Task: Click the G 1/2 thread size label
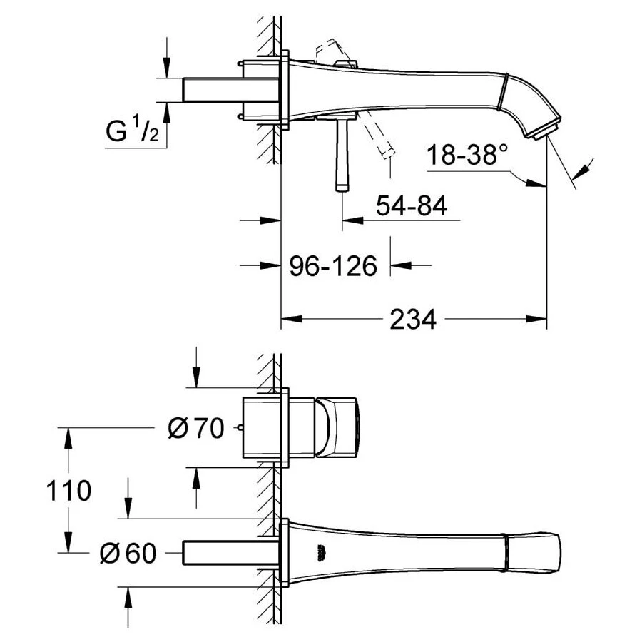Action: pos(132,131)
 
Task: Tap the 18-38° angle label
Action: pos(467,154)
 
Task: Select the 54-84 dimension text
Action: pos(412,205)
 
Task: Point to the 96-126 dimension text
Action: pos(333,266)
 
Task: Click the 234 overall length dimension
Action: pos(413,319)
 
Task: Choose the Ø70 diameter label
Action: pos(196,428)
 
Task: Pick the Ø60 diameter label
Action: pos(128,553)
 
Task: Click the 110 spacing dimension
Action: pos(68,491)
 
